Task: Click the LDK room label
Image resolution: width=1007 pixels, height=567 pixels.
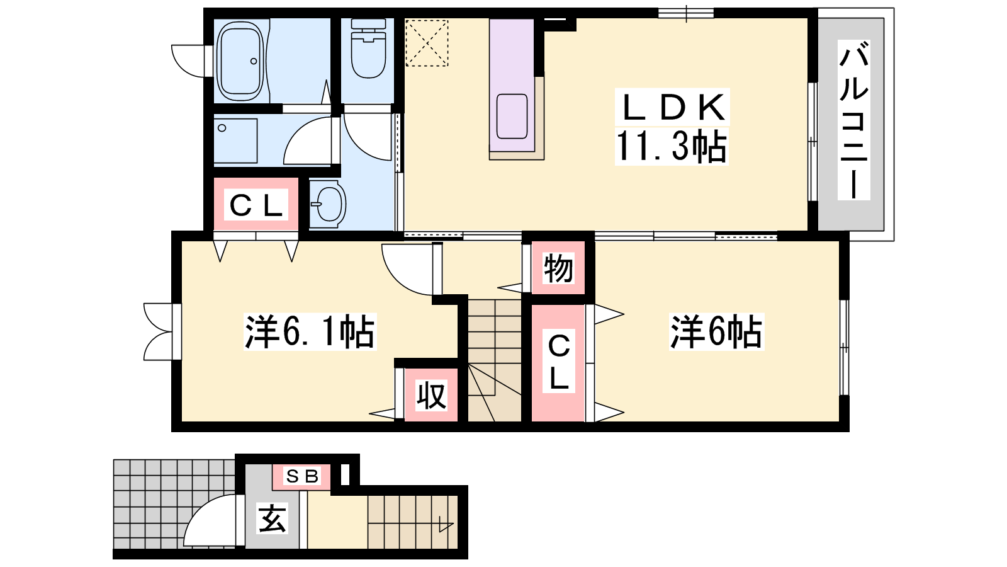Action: pyautogui.click(x=672, y=107)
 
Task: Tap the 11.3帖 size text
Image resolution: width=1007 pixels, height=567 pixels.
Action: pyautogui.click(x=671, y=146)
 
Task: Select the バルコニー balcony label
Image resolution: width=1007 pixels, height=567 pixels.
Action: pyautogui.click(x=853, y=120)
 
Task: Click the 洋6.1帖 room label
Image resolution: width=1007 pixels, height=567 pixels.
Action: pyautogui.click(x=310, y=332)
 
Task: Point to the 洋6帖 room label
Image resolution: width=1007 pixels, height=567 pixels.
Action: pyautogui.click(x=717, y=332)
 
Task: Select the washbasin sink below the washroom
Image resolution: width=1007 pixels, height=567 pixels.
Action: pyautogui.click(x=328, y=204)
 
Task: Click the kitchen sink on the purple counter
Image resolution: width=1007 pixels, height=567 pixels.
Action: pyautogui.click(x=512, y=116)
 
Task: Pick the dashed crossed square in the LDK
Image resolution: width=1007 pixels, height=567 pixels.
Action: pyautogui.click(x=427, y=43)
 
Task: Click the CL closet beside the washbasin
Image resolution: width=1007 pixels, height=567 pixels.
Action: pyautogui.click(x=256, y=205)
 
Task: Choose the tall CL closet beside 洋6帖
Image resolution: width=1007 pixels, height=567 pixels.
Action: pyautogui.click(x=558, y=363)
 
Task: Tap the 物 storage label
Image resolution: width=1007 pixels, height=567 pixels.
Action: pyautogui.click(x=558, y=268)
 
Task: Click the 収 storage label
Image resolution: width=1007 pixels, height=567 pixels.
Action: pyautogui.click(x=431, y=396)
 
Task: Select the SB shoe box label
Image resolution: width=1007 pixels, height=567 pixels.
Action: pyautogui.click(x=302, y=476)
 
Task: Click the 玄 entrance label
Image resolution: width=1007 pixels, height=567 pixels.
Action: pyautogui.click(x=272, y=518)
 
